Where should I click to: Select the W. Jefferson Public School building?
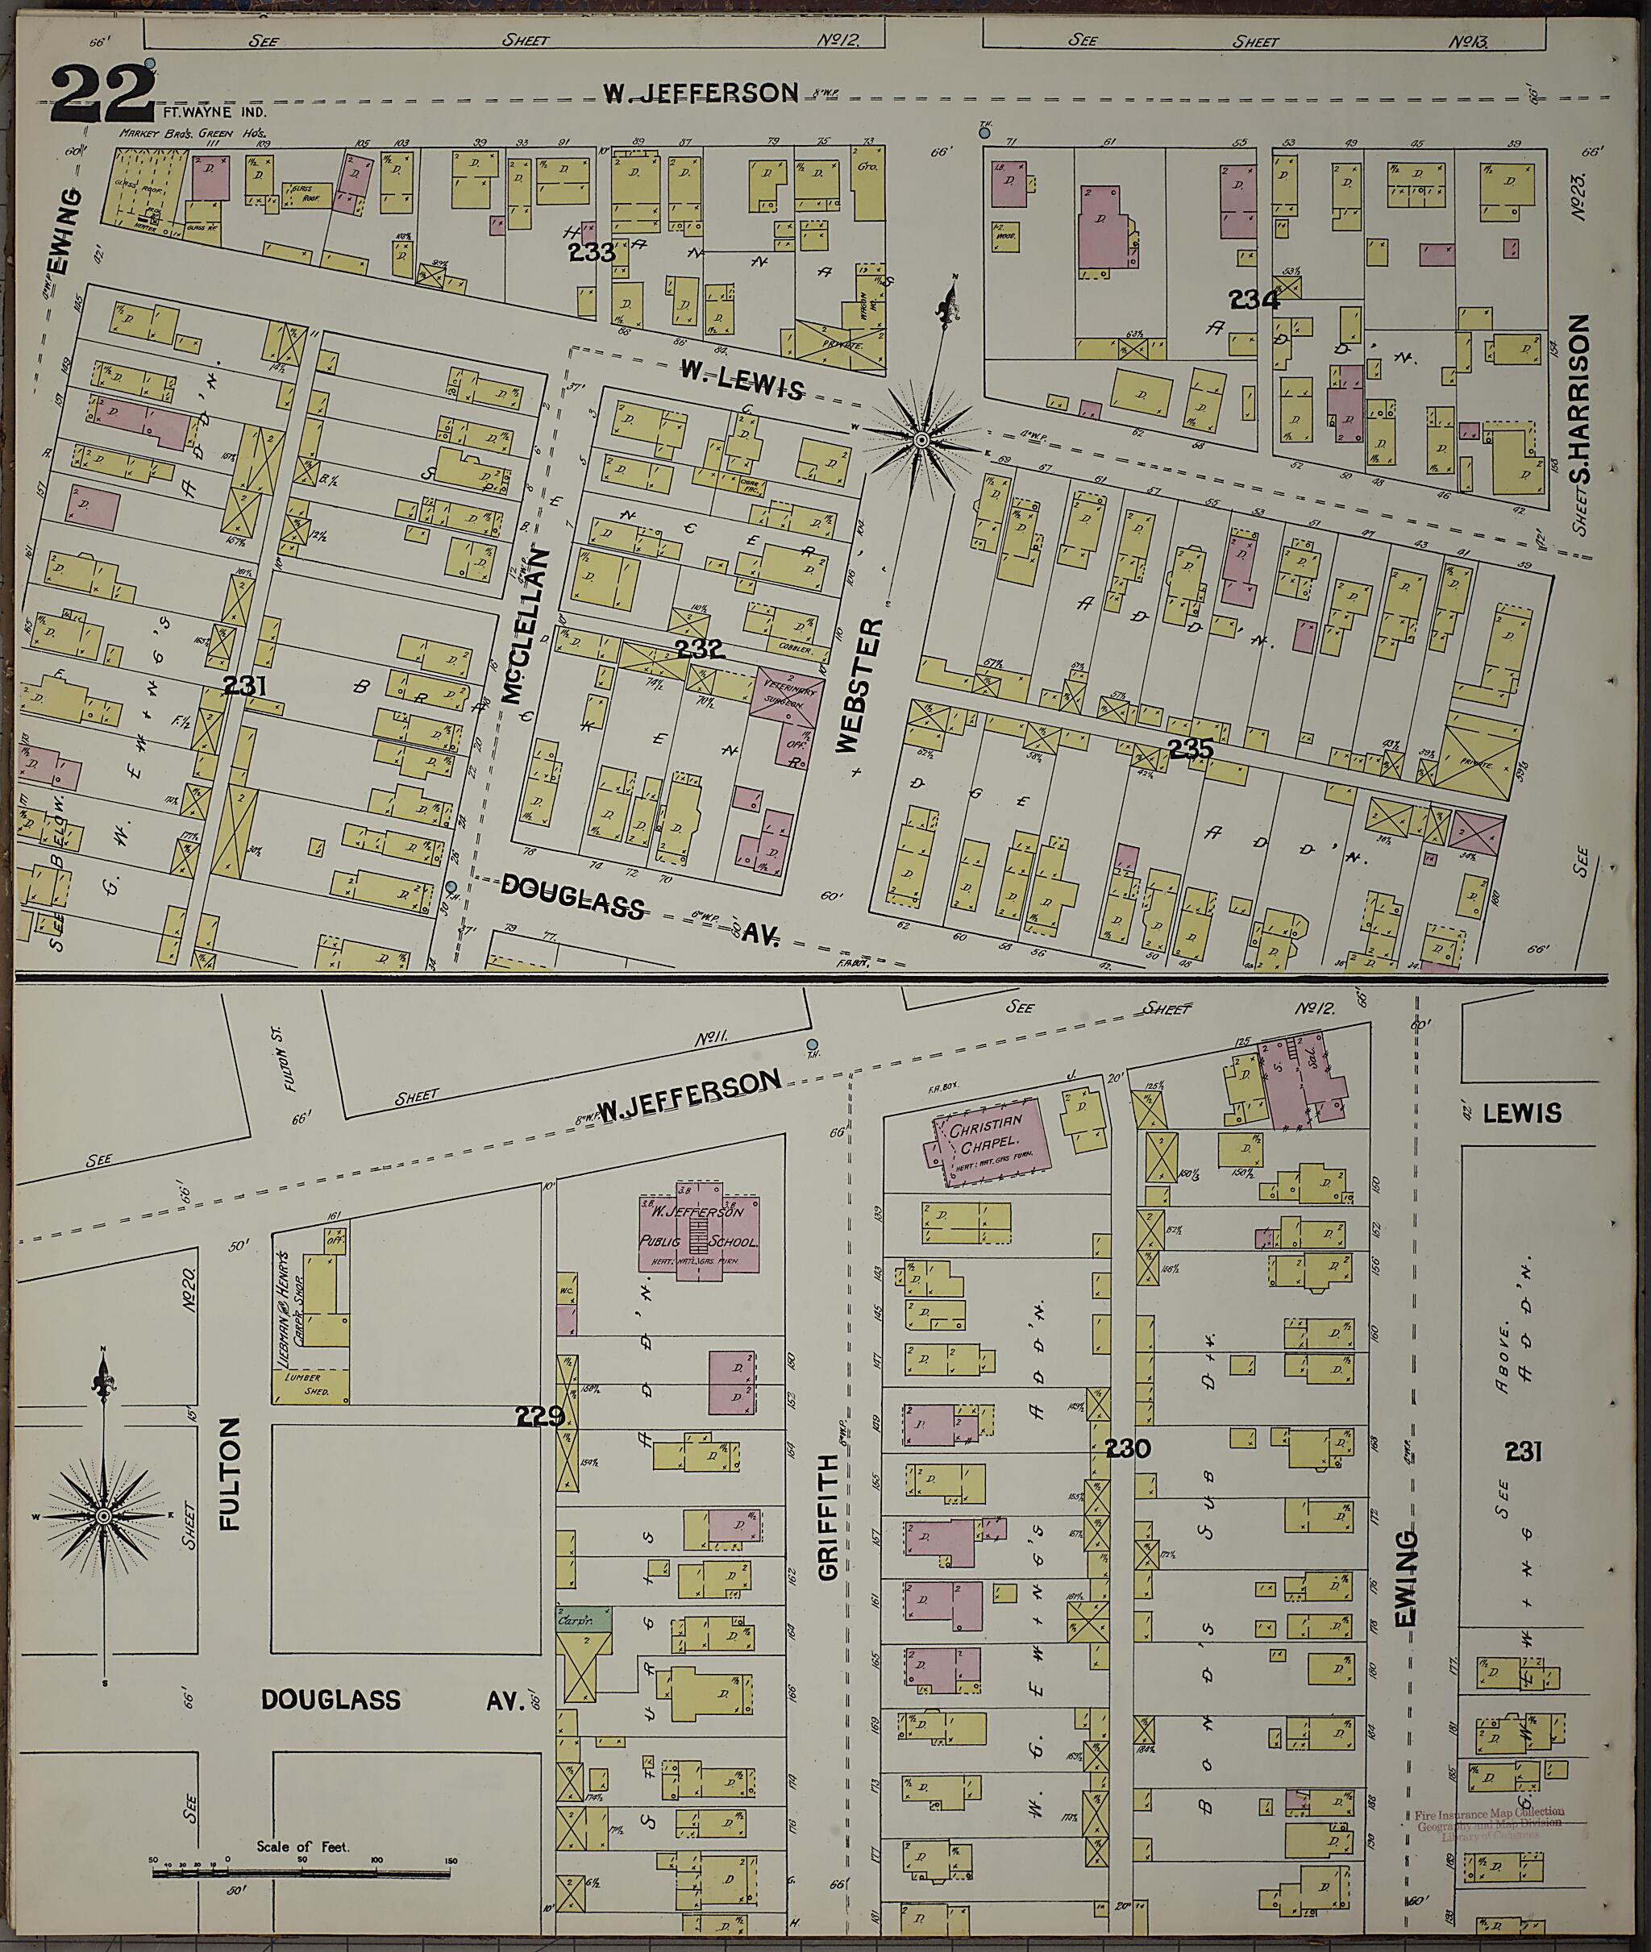pos(699,1234)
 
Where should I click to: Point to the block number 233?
pos(592,252)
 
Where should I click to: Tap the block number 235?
pos(1190,749)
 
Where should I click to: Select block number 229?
pos(541,1416)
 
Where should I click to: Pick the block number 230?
pos(1127,1448)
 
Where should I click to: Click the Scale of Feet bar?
pos(302,1873)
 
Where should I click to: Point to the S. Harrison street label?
pos(1580,413)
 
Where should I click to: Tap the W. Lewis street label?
pos(742,380)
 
